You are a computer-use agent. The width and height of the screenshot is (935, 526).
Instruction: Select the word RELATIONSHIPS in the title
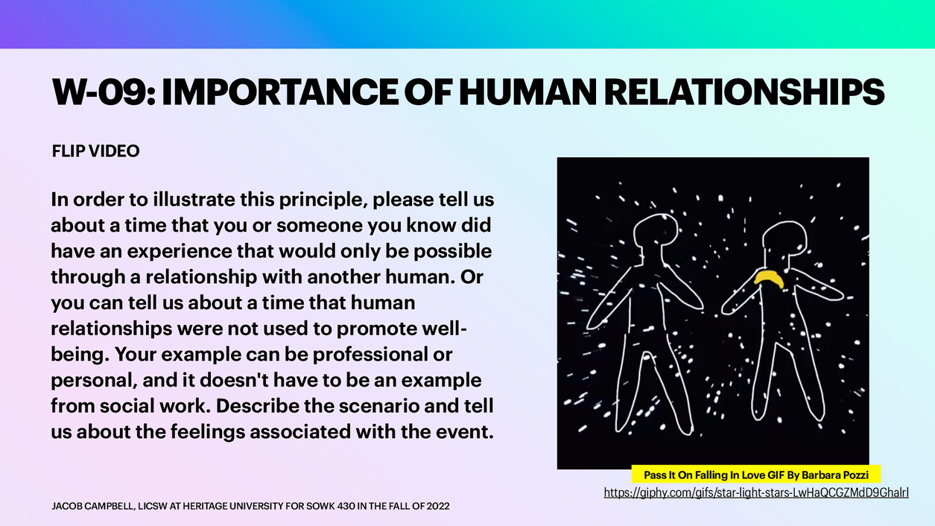click(744, 92)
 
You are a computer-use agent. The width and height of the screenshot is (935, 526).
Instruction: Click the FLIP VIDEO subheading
click(96, 151)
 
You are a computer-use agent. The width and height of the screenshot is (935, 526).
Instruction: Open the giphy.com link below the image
click(756, 493)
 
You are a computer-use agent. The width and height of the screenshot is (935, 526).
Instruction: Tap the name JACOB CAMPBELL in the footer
click(92, 506)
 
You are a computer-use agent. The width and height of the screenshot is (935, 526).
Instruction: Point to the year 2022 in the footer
click(438, 506)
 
